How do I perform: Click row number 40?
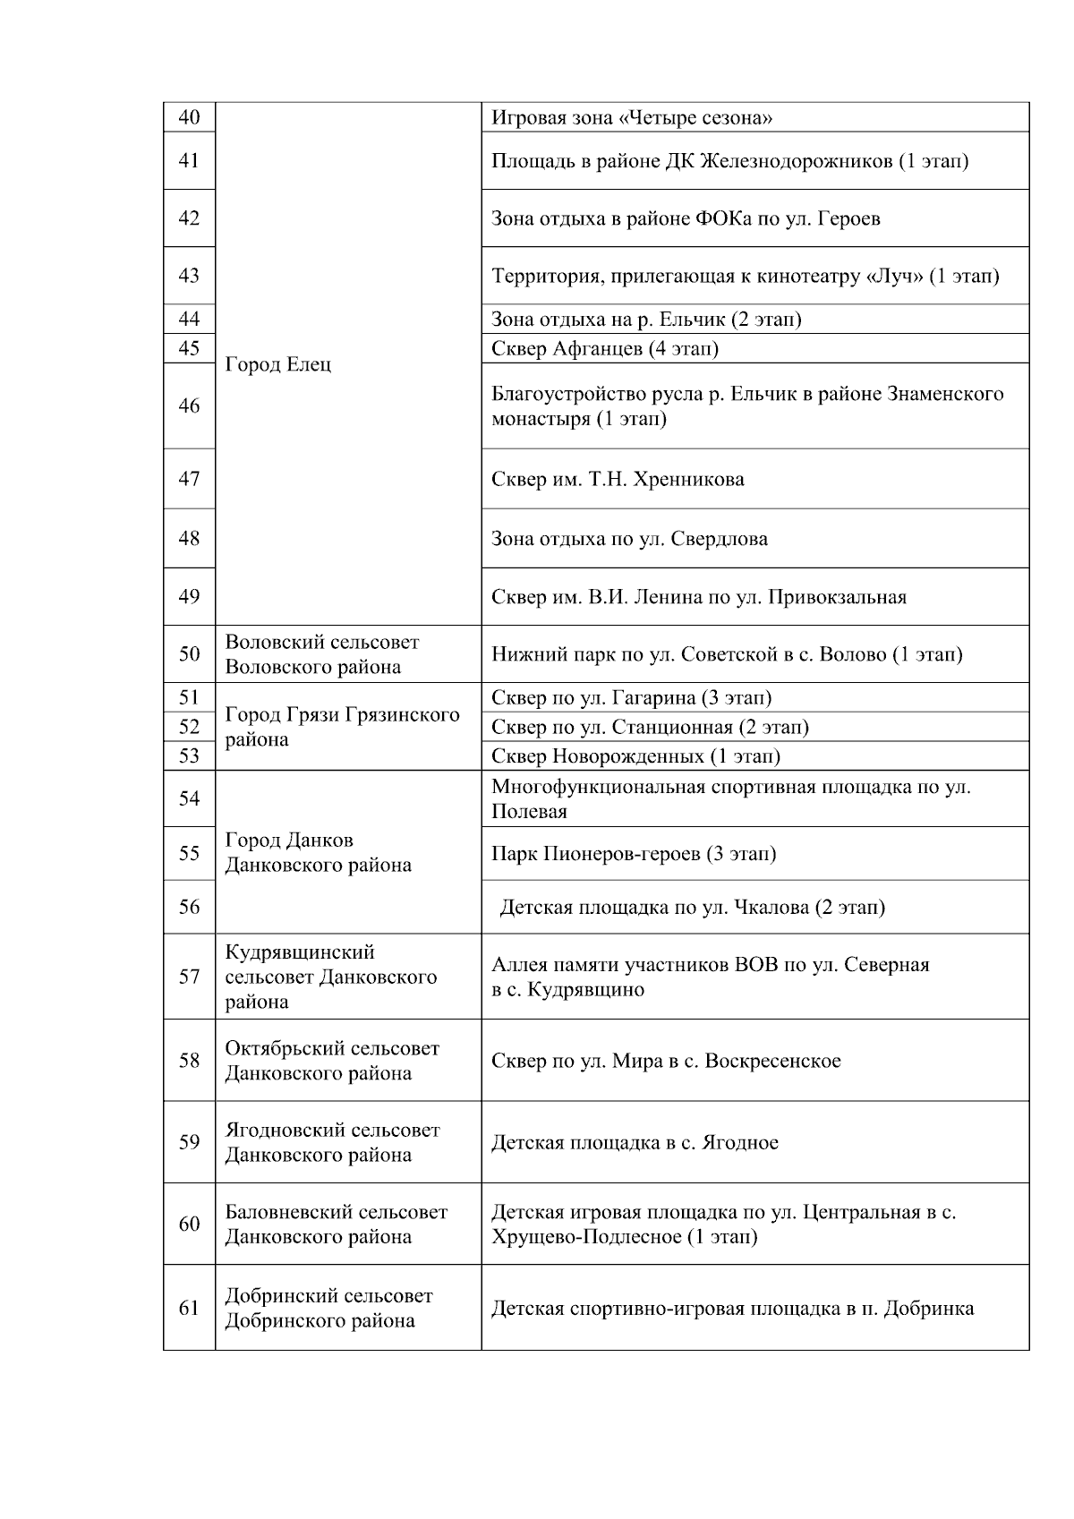(189, 117)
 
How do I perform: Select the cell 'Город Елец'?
(277, 365)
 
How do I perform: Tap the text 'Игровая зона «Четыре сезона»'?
(632, 118)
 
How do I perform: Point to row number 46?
(189, 405)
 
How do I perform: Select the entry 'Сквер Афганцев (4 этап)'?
(605, 348)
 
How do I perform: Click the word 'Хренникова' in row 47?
(688, 480)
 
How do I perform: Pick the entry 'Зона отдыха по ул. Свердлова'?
(629, 539)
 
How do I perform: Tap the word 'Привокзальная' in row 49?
(837, 597)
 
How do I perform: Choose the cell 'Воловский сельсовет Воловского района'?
(322, 654)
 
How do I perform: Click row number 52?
(189, 727)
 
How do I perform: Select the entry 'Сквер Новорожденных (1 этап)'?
(635, 756)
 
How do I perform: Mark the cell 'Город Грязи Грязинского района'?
(342, 727)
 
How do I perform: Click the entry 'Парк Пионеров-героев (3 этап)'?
(634, 854)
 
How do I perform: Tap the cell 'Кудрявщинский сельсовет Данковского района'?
(330, 977)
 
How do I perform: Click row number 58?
(189, 1061)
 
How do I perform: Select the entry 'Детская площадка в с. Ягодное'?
(635, 1143)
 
